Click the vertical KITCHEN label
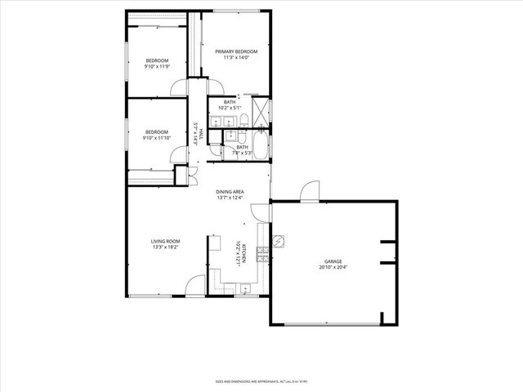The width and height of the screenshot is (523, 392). pos(243,254)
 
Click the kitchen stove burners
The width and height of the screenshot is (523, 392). pos(262,254)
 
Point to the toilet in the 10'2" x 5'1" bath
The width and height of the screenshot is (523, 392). pos(243,123)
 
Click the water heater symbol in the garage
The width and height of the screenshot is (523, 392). pos(279,242)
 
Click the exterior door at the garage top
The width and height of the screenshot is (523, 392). pos(310,192)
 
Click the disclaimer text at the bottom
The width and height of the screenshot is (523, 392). pos(261,381)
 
